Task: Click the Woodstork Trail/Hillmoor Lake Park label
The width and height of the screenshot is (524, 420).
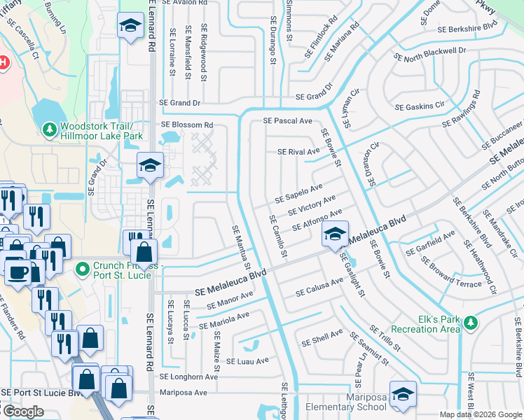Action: pyautogui.click(x=102, y=130)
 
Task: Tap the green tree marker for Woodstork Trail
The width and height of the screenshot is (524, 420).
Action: pyautogui.click(x=50, y=129)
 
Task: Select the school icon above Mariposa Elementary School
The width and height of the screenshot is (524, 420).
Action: pyautogui.click(x=403, y=395)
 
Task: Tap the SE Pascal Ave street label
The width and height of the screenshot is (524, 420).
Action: pyautogui.click(x=287, y=121)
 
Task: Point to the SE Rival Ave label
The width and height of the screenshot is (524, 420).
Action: pyautogui.click(x=298, y=151)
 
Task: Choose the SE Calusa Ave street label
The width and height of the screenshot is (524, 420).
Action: pyautogui.click(x=322, y=290)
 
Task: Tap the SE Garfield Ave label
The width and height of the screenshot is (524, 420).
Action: pyautogui.click(x=430, y=244)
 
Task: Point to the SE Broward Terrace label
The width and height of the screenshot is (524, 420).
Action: pyautogui.click(x=451, y=273)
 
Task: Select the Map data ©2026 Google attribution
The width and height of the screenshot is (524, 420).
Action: pyautogui.click(x=481, y=414)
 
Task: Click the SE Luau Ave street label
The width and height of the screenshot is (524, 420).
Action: pyautogui.click(x=247, y=361)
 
